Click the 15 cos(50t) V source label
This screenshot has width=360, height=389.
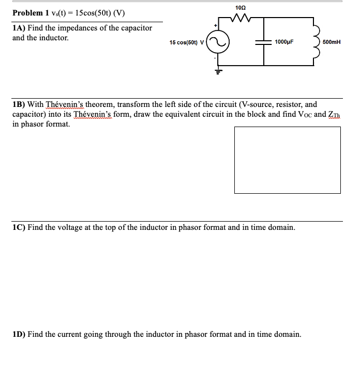(186, 42)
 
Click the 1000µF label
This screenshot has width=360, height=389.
(284, 42)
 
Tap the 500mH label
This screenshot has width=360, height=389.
(331, 42)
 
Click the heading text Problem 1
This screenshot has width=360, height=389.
(31, 13)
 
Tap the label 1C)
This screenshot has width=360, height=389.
(20, 227)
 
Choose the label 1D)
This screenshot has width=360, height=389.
(20, 334)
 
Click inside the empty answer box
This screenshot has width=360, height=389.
(288, 160)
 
